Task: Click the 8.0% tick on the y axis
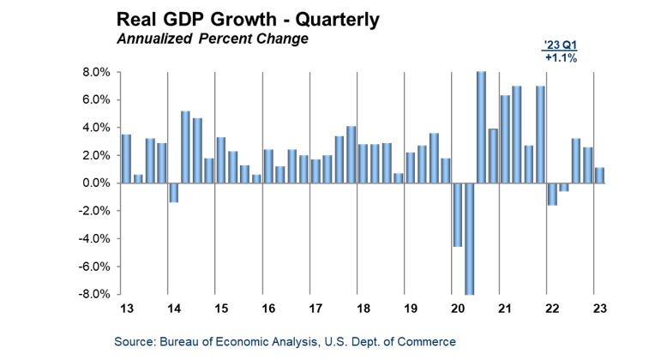pyautogui.click(x=96, y=73)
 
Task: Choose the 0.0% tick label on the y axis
pyautogui.click(x=96, y=183)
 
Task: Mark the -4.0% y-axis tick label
pyautogui.click(x=94, y=238)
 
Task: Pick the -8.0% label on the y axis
pyautogui.click(x=94, y=294)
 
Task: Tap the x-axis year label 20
pyautogui.click(x=457, y=309)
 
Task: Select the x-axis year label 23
pyautogui.click(x=602, y=309)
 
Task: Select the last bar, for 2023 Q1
pyautogui.click(x=599, y=175)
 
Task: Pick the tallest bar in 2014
pyautogui.click(x=185, y=147)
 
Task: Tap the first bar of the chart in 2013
pyautogui.click(x=126, y=159)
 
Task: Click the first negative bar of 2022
pyautogui.click(x=552, y=194)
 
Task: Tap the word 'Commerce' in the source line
pyautogui.click(x=425, y=342)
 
